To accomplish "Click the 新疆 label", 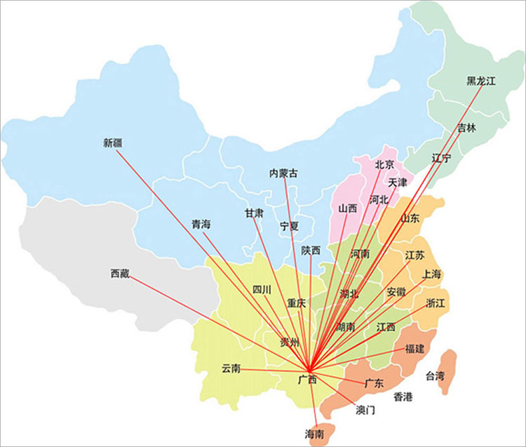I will pyautogui.click(x=112, y=143).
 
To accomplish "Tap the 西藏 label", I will pyautogui.click(x=120, y=273).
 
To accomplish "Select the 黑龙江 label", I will pyautogui.click(x=481, y=81).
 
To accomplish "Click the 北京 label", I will pyautogui.click(x=384, y=165).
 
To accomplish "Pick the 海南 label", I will pyautogui.click(x=315, y=434).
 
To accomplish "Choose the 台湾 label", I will pyautogui.click(x=435, y=376).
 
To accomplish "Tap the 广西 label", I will pyautogui.click(x=307, y=380).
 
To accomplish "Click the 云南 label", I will pyautogui.click(x=231, y=368).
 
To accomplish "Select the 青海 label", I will pyautogui.click(x=201, y=225).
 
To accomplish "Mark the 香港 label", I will pyautogui.click(x=403, y=397).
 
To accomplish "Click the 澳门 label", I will pyautogui.click(x=365, y=409).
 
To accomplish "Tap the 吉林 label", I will pyautogui.click(x=466, y=128).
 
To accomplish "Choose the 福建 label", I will pyautogui.click(x=414, y=349).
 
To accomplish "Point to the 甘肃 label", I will pyautogui.click(x=254, y=213).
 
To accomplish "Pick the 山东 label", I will pyautogui.click(x=410, y=218).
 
